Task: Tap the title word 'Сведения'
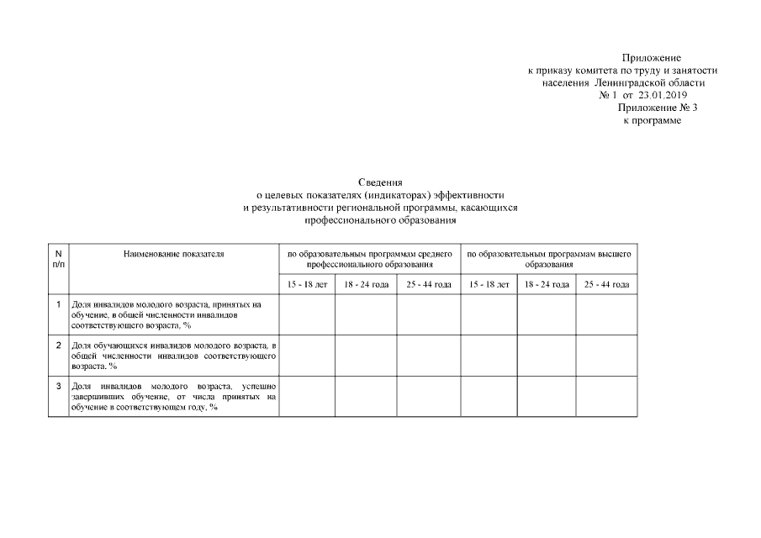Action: click(380, 182)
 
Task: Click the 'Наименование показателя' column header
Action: click(174, 253)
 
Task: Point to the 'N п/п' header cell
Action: click(58, 258)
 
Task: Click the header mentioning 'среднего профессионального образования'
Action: click(370, 258)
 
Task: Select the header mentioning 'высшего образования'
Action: click(549, 258)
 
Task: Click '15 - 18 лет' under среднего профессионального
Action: click(307, 284)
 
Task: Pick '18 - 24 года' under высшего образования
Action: click(547, 284)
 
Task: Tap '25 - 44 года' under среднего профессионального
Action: click(429, 284)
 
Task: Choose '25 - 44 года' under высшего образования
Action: click(606, 284)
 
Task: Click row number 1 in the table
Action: click(58, 303)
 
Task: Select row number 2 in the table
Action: click(58, 345)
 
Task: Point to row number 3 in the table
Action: click(58, 386)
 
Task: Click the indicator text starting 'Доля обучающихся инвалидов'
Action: click(174, 356)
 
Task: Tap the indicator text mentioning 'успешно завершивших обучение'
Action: click(174, 396)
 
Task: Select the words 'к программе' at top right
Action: click(652, 121)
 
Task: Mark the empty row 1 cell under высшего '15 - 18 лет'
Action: click(489, 314)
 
